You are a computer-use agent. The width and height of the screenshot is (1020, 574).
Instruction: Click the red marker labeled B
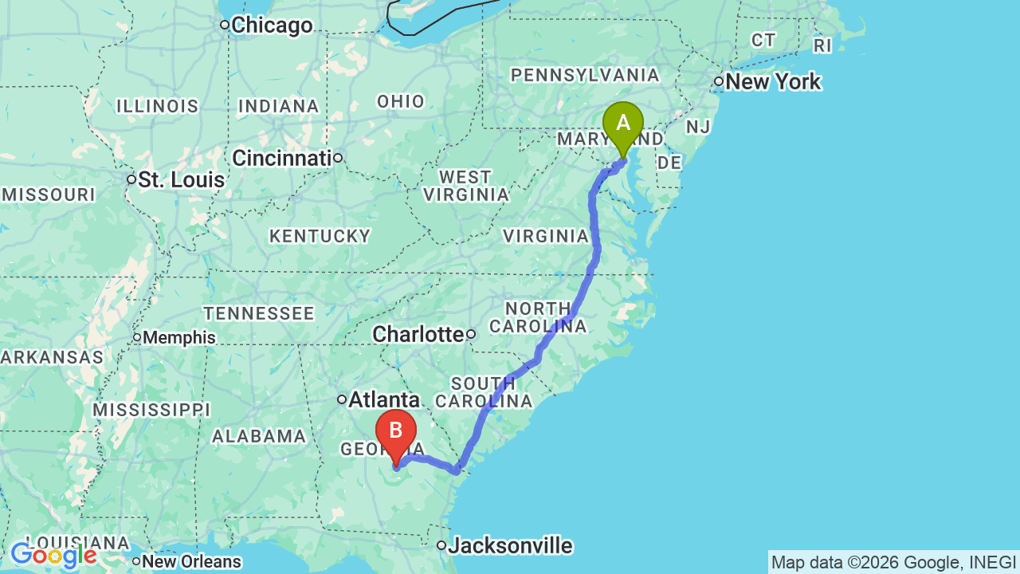pyautogui.click(x=395, y=433)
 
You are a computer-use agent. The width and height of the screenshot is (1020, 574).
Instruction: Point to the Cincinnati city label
pyautogui.click(x=281, y=158)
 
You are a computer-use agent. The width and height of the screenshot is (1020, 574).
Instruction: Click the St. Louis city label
pyautogui.click(x=181, y=180)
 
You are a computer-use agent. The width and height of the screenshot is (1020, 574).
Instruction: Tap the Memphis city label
pyautogui.click(x=179, y=338)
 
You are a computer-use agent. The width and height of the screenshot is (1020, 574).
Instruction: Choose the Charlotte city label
pyautogui.click(x=418, y=334)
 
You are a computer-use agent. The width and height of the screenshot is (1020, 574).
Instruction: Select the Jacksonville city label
pyautogui.click(x=510, y=546)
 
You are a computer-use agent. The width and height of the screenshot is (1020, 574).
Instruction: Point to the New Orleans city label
pyautogui.click(x=191, y=562)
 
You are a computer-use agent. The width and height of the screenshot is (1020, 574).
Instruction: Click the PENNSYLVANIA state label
pyautogui.click(x=585, y=75)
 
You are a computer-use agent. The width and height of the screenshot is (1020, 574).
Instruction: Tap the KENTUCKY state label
pyautogui.click(x=320, y=236)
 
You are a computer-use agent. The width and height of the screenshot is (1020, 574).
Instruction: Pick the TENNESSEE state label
pyautogui.click(x=259, y=313)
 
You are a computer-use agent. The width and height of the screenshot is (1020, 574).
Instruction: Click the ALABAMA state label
pyautogui.click(x=260, y=436)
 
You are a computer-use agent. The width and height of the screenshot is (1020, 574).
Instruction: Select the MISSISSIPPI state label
pyautogui.click(x=151, y=410)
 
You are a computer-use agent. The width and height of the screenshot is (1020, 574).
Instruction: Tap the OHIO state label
pyautogui.click(x=401, y=101)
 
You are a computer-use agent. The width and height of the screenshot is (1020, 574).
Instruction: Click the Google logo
pyautogui.click(x=53, y=555)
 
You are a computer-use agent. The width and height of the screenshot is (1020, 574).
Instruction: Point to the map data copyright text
pyautogui.click(x=893, y=562)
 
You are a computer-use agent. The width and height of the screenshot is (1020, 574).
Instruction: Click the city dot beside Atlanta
pyautogui.click(x=342, y=399)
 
